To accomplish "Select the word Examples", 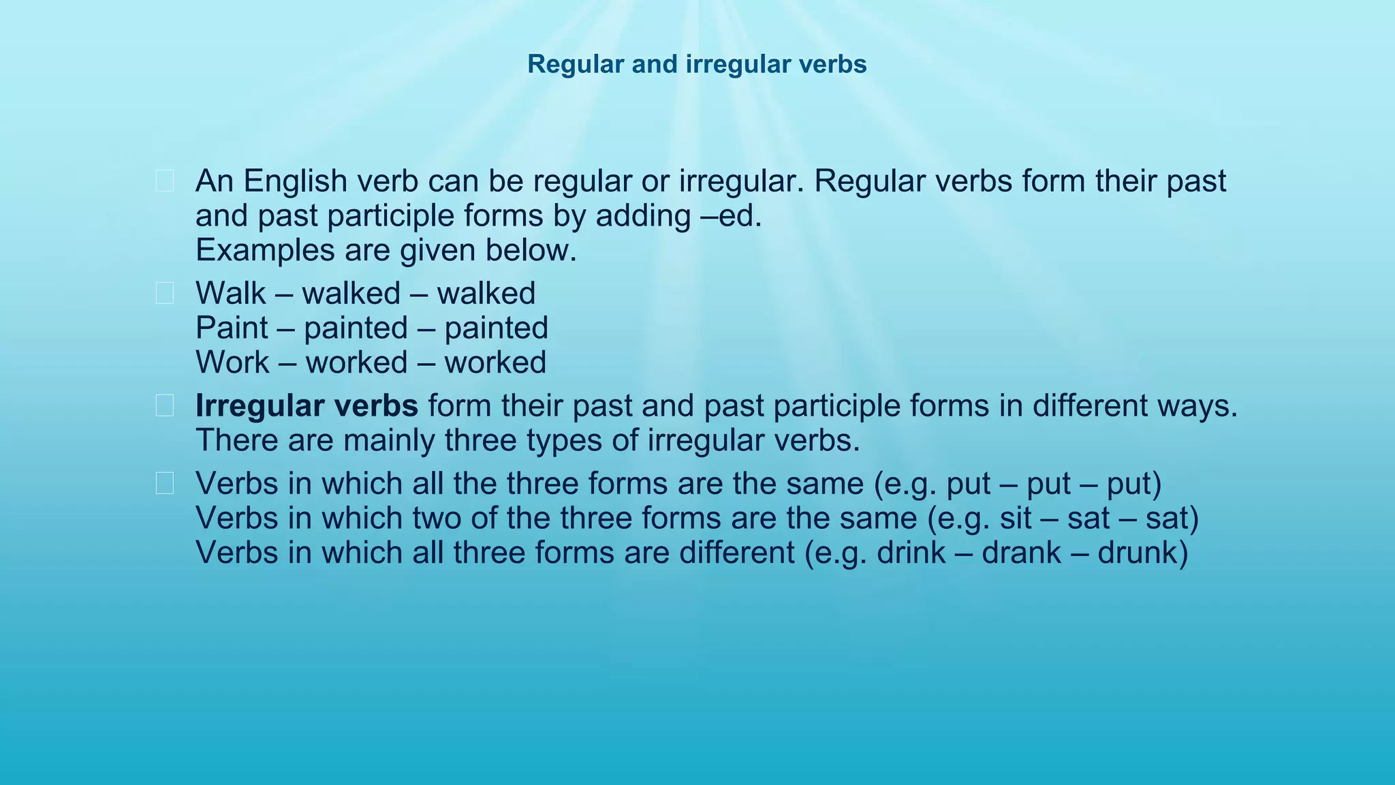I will pos(265,251).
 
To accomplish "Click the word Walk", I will pos(230,294).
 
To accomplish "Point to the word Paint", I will pos(232,328).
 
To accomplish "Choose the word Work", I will pos(232,363).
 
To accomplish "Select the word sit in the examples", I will pos(1016,519).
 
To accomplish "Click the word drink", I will pos(911,553).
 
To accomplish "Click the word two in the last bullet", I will pos(432,519).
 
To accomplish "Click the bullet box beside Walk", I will pos(165,294).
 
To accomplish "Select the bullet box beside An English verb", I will pos(165,181).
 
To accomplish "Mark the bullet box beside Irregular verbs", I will pos(165,406).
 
